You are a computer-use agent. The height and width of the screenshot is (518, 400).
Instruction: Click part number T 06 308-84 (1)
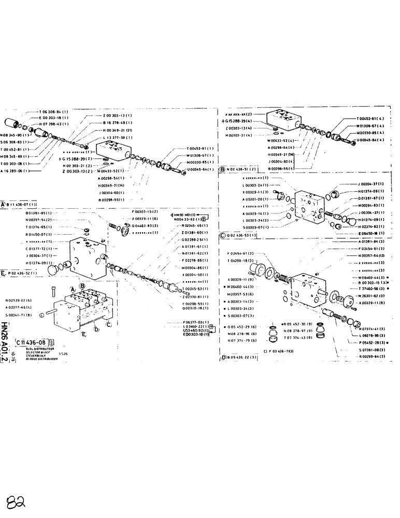tap(54, 111)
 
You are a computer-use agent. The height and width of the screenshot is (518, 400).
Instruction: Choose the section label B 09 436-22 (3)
tap(240, 357)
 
